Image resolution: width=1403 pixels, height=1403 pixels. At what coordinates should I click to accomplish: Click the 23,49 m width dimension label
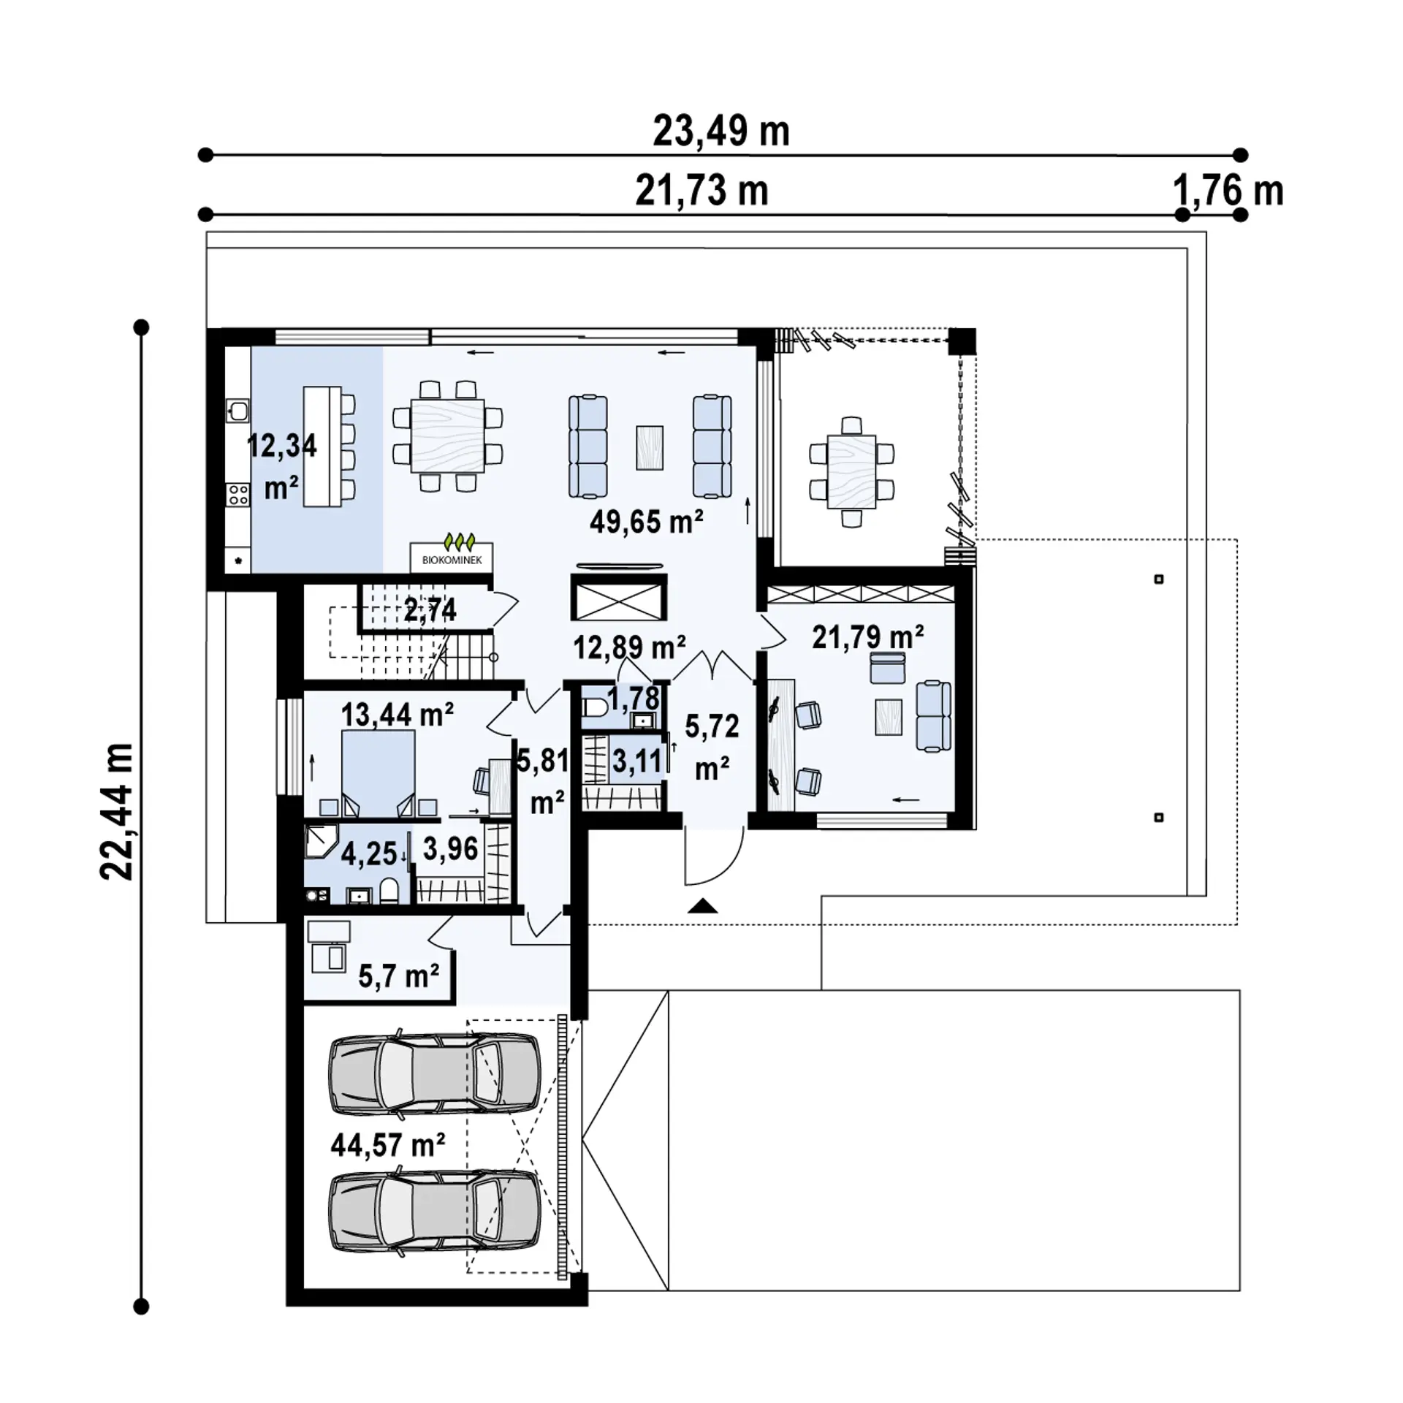point(720,132)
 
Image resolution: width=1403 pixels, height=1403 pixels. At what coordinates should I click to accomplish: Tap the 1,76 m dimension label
point(1228,191)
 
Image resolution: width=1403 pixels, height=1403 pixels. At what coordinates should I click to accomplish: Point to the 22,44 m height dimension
point(117,811)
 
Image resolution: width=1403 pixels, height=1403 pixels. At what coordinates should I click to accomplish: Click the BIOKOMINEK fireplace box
point(452,558)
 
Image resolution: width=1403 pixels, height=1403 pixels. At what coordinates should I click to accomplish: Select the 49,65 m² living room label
point(646,522)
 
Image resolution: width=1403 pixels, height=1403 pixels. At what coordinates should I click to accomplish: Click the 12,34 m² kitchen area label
point(282,465)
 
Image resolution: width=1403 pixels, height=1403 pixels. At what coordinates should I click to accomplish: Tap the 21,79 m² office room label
point(867,637)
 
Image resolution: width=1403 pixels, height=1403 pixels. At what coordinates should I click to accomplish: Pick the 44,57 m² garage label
point(388,1144)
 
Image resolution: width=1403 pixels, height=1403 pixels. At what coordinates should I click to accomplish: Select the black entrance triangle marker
point(703,907)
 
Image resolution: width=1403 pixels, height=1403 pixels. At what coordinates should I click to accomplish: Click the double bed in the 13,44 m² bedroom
point(378,773)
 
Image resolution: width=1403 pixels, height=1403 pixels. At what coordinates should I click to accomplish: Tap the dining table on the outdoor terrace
point(851,471)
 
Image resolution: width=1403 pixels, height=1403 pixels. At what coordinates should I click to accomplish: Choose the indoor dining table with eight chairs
point(447,436)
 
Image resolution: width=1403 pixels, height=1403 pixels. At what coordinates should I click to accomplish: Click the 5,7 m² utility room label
point(398,976)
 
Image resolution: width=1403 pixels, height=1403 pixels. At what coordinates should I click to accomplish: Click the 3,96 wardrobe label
point(450,849)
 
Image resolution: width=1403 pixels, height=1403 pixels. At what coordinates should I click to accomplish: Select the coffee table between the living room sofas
point(649,447)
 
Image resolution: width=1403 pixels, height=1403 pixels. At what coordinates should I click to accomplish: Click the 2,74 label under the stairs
point(430,609)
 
